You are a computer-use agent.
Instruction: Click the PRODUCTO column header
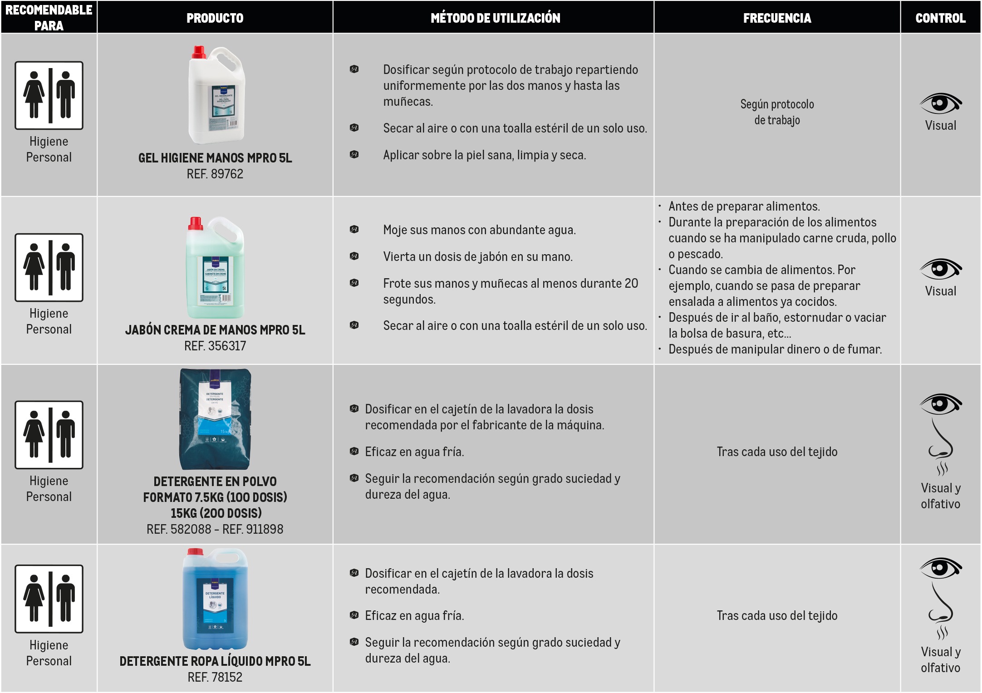click(215, 18)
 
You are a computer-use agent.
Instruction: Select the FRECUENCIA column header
click(777, 18)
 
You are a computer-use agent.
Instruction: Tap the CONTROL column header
click(940, 18)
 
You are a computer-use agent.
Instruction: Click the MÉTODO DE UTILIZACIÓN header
click(495, 18)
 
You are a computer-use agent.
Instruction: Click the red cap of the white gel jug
click(199, 52)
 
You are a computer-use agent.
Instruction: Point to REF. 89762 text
click(215, 174)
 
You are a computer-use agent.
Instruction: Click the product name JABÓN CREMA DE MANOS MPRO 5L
click(215, 330)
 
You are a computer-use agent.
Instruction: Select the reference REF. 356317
click(215, 346)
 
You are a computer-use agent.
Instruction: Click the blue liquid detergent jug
click(215, 599)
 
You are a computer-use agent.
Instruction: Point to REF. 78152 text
click(215, 677)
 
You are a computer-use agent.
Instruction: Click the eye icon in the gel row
click(940, 103)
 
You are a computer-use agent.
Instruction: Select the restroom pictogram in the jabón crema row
click(49, 268)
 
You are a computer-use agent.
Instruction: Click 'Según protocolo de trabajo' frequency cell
click(777, 112)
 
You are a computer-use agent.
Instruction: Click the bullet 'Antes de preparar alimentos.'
click(744, 206)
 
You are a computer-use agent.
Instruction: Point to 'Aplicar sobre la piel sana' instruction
click(484, 155)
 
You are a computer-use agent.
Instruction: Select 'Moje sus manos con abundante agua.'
click(479, 230)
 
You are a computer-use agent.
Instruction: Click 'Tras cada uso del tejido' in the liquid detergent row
click(777, 615)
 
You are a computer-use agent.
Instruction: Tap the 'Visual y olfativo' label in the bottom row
click(940, 660)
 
